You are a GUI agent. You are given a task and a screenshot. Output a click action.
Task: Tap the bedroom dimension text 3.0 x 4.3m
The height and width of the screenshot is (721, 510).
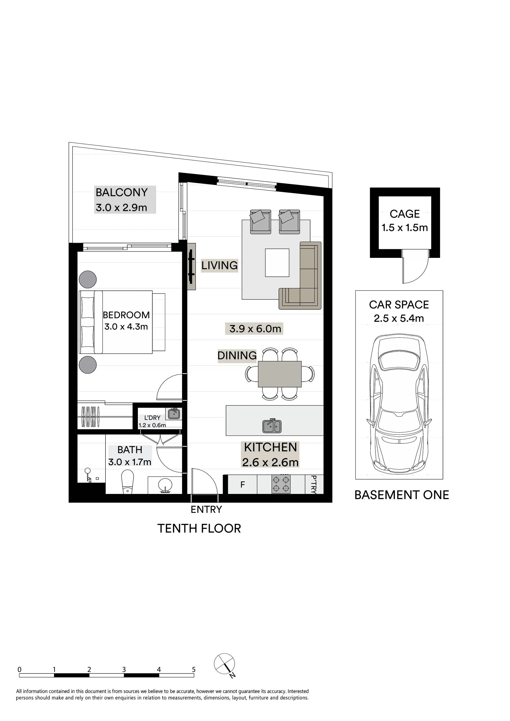[126, 327]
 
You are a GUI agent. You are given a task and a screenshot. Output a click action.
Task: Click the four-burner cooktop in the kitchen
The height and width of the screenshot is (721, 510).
[281, 484]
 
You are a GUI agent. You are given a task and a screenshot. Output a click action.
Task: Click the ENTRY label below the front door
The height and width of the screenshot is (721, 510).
[206, 509]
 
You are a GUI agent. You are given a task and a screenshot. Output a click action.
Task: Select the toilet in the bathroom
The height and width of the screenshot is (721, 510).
[127, 482]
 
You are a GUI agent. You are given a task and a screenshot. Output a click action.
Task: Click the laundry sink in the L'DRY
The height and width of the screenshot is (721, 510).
[174, 413]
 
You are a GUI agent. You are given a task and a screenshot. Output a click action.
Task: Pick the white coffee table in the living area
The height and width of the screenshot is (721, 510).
[277, 263]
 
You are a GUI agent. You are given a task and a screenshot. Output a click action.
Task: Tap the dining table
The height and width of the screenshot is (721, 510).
[280, 374]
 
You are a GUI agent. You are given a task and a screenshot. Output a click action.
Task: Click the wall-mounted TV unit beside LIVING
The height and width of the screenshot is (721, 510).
[191, 266]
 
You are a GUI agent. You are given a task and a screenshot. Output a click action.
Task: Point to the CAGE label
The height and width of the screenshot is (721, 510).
[405, 214]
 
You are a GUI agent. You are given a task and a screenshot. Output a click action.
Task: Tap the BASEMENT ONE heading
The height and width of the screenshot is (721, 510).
[402, 495]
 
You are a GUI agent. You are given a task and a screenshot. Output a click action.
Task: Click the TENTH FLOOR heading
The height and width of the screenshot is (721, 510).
[199, 528]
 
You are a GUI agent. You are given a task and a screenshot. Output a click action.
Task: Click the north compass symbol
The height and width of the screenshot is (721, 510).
[225, 664]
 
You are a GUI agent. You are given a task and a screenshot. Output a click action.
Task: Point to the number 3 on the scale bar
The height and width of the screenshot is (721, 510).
[124, 669]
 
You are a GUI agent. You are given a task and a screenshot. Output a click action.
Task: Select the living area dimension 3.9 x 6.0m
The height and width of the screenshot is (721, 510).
[255, 328]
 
